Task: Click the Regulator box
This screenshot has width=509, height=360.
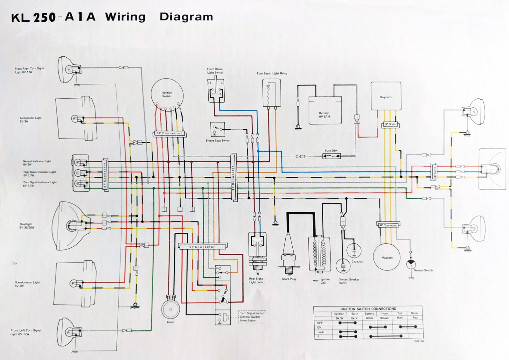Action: pyautogui.click(x=386, y=96)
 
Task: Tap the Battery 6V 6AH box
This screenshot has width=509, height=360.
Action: pyautogui.click(x=325, y=110)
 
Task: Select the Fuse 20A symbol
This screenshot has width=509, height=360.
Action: pyautogui.click(x=331, y=156)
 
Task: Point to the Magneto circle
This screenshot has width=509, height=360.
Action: pyautogui.click(x=387, y=257)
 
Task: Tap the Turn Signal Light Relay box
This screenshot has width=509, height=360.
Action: pyautogui.click(x=271, y=93)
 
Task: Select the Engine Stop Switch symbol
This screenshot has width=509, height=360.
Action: pyautogui.click(x=218, y=129)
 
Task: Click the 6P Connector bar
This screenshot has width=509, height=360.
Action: pyautogui.click(x=169, y=133)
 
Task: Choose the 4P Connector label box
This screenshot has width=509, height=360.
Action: pyautogui.click(x=388, y=225)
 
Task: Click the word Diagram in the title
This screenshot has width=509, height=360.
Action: pyautogui.click(x=186, y=17)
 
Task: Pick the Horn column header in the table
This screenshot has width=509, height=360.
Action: pyautogui.click(x=384, y=313)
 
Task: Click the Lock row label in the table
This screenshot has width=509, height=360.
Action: pyautogui.click(x=320, y=332)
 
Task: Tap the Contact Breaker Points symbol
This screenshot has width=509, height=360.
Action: pyautogui.click(x=343, y=265)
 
